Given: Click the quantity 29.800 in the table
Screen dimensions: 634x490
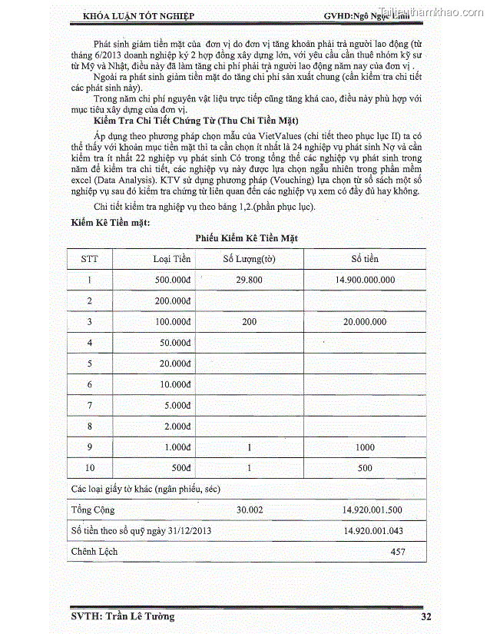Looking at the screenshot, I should click(x=250, y=280).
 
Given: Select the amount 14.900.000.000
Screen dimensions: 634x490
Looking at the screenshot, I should click(x=365, y=280).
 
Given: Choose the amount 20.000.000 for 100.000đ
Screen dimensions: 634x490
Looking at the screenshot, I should click(x=365, y=322).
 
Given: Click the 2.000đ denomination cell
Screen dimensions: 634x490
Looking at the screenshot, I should click(x=177, y=426).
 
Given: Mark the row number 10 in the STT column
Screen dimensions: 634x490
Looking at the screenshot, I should click(x=90, y=468).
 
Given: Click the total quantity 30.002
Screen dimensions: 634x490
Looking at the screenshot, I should click(x=250, y=510).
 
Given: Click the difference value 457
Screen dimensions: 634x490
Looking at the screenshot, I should click(x=397, y=552).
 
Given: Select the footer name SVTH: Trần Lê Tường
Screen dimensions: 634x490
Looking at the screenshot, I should click(x=118, y=616).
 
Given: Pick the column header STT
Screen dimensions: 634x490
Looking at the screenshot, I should click(x=90, y=259).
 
